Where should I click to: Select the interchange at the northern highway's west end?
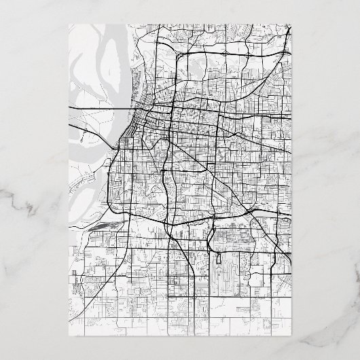(175, 54)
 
